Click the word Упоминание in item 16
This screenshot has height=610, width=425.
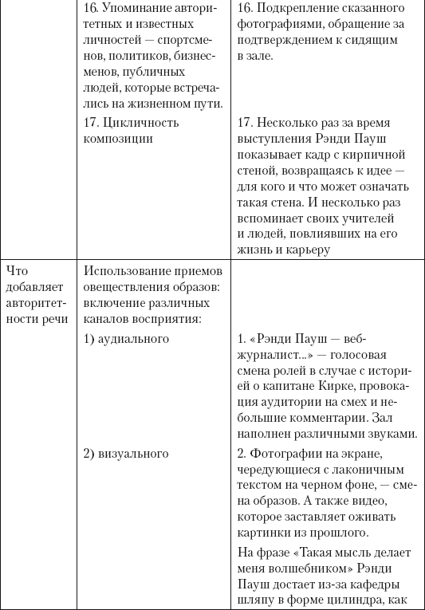click(135, 9)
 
